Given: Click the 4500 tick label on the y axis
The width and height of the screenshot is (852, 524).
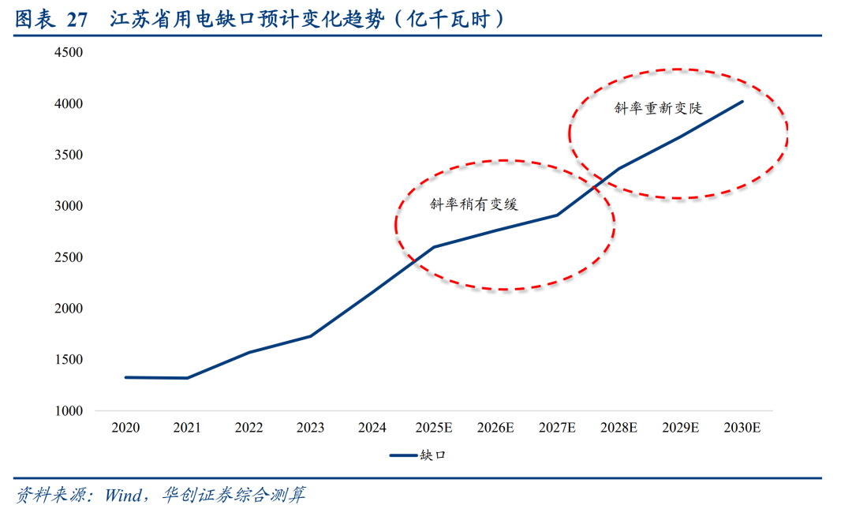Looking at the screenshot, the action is tap(69, 53).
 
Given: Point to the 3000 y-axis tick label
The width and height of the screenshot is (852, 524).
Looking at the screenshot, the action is tap(69, 206).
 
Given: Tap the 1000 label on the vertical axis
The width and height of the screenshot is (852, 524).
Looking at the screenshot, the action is tap(69, 411).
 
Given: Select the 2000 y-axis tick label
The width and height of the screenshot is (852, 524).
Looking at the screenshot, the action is tap(69, 309).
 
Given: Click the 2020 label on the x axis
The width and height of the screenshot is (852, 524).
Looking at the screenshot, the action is tap(125, 428).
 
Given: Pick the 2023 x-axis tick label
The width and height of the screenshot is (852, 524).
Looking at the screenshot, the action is tap(310, 428).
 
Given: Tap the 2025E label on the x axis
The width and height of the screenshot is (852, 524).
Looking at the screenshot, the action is tap(434, 428).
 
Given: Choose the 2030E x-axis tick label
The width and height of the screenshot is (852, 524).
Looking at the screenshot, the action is tap(742, 428).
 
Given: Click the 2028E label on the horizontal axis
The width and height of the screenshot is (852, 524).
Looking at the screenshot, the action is tap(618, 428).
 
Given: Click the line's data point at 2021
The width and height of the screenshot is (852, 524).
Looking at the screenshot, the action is tap(187, 378).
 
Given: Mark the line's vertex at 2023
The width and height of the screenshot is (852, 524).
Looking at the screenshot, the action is tap(310, 336).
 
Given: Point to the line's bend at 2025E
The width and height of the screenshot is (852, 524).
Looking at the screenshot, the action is tap(434, 247).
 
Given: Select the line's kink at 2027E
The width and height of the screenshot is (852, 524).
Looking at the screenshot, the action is tap(557, 215).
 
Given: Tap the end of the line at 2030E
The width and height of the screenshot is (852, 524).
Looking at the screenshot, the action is tap(742, 102).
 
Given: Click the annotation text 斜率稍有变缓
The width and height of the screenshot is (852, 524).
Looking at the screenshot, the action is tap(474, 204).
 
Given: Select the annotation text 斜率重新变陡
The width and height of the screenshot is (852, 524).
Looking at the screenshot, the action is tap(658, 108).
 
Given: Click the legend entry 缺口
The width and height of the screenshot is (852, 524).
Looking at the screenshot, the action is tap(418, 455).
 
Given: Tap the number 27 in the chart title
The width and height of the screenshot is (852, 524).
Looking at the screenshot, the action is tap(77, 20).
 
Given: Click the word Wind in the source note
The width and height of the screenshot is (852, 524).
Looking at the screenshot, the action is tap(123, 495).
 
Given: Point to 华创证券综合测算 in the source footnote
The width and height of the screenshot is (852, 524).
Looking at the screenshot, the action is tap(234, 495).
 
